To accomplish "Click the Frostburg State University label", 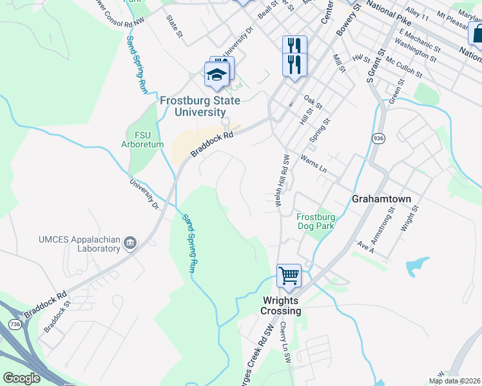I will (200, 106).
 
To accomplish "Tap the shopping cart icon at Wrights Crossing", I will (289, 276).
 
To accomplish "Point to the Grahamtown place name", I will (381, 199).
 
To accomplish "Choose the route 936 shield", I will (378, 138).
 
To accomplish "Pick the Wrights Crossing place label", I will (281, 306).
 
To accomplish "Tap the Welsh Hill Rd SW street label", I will (282, 180).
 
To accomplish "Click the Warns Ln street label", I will (314, 163).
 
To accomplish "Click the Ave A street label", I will (365, 246).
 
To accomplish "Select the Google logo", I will (22, 378).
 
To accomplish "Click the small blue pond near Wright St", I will (418, 264).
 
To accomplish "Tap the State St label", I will (173, 26).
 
